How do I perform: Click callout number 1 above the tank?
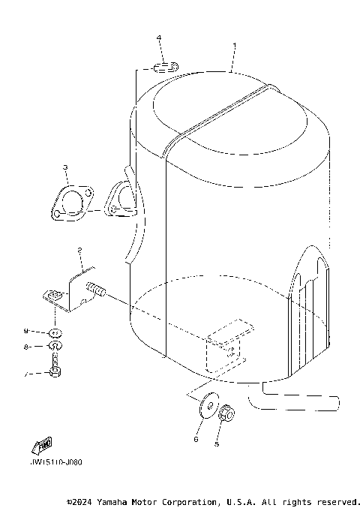coord(235,46)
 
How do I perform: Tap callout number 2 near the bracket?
coord(79,251)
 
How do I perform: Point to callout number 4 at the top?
coord(159,38)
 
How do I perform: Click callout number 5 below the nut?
coord(217,443)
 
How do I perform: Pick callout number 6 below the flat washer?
coord(196,439)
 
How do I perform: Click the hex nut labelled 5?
coord(229,413)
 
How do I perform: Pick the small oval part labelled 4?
coord(164,68)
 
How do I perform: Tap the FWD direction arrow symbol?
coord(43,445)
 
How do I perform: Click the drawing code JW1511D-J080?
coord(57,462)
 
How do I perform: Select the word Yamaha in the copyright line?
coord(111,500)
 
